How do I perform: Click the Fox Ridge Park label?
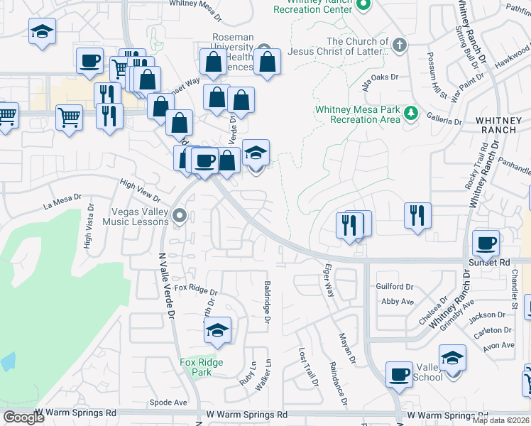click(x=202, y=367)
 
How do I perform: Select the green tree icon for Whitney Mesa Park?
click(x=410, y=114)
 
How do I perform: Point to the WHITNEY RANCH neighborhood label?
click(x=503, y=128)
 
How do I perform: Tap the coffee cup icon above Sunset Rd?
click(x=486, y=244)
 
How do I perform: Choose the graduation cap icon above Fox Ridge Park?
click(x=218, y=329)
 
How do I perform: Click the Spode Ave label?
click(x=169, y=402)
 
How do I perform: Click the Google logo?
click(x=23, y=417)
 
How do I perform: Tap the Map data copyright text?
click(x=501, y=420)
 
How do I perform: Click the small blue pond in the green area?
click(x=7, y=361)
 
